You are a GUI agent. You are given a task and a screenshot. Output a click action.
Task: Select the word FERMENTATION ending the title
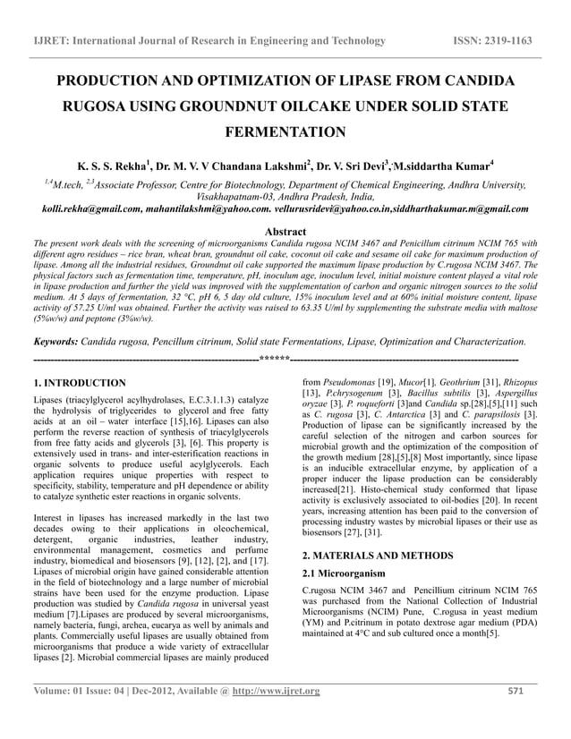click(x=285, y=133)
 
